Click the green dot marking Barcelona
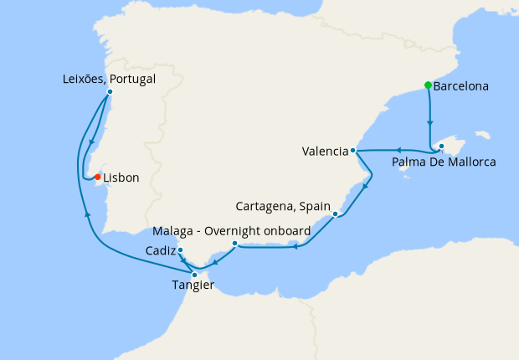[x=428, y=85]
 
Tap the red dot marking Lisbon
[x=98, y=177]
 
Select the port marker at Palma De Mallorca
[x=440, y=147]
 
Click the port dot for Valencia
[x=354, y=151]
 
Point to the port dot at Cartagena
[x=335, y=214]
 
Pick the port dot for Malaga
[x=235, y=244]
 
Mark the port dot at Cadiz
[x=181, y=249]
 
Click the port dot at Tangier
[x=195, y=274]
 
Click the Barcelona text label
[x=461, y=85]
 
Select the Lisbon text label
[x=121, y=177]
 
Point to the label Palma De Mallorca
[x=444, y=162]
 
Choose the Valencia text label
[x=326, y=152]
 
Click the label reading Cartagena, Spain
[x=283, y=206]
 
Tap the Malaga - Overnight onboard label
[x=233, y=230]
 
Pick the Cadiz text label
[x=160, y=250]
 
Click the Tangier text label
[x=193, y=286]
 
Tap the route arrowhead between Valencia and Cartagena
[x=367, y=187]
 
